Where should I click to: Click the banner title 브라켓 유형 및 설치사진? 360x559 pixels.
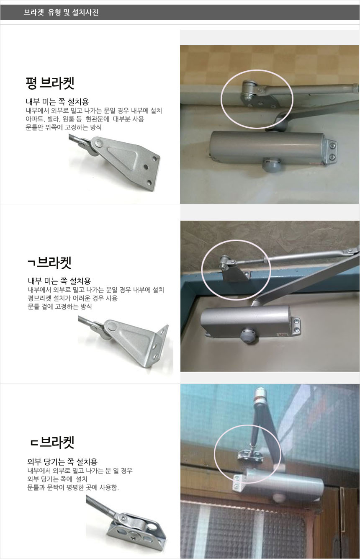tap(61, 12)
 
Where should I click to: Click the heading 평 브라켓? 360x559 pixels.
tap(50, 83)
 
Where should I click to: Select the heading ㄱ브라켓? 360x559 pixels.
tap(50, 263)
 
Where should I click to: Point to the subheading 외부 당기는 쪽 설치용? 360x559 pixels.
tap(62, 461)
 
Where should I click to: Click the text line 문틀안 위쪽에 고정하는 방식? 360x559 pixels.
tap(64, 127)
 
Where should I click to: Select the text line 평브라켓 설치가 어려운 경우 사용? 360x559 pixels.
tap(72, 298)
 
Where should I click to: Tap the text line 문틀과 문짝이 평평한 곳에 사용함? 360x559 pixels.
tap(73, 487)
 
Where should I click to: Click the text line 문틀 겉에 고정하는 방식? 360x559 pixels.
tap(60, 307)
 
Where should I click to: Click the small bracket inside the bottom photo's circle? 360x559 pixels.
tap(249, 456)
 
